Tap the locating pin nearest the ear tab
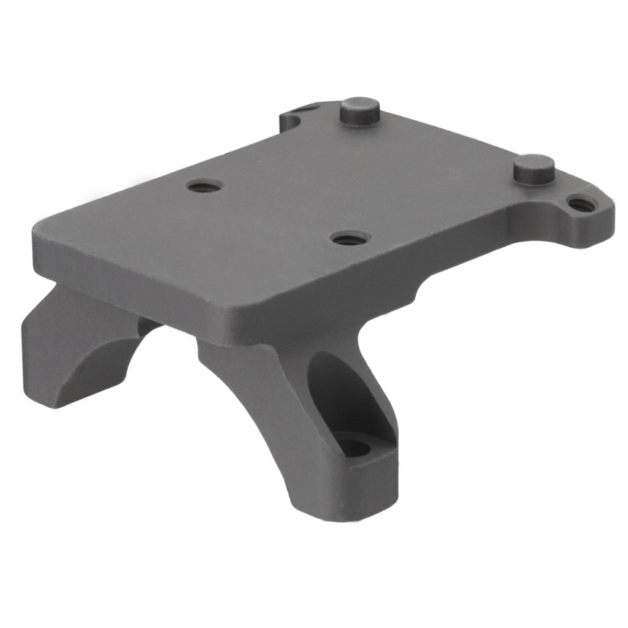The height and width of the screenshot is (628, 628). [534, 169]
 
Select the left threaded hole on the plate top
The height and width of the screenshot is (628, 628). [205, 186]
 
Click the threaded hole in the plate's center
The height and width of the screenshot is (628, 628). [348, 238]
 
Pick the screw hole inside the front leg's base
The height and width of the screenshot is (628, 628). [356, 446]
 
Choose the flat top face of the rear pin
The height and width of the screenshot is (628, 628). [359, 104]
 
